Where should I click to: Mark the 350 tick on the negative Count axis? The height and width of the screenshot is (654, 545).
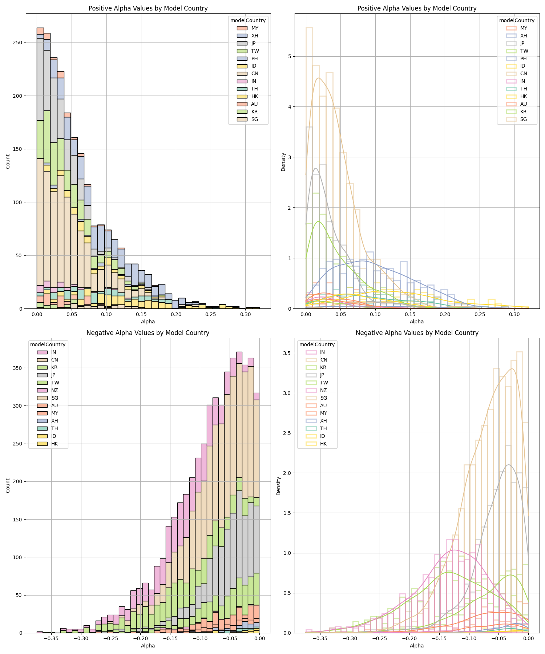[17, 368]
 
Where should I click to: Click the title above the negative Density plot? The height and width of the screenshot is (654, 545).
[417, 333]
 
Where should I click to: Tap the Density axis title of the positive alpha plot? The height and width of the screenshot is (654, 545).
[283, 162]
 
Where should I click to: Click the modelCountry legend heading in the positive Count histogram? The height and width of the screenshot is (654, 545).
[248, 20]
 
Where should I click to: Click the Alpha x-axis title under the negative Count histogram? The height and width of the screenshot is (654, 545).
[148, 646]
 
